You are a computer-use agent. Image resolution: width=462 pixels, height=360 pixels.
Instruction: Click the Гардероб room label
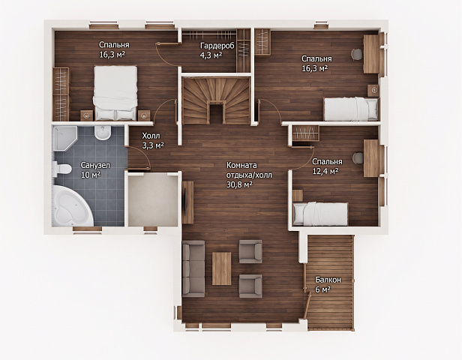[x=217, y=46]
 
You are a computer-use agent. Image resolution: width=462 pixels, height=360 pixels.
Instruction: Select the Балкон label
[x=328, y=280]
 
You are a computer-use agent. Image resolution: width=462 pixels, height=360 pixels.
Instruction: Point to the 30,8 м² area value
[x=239, y=184]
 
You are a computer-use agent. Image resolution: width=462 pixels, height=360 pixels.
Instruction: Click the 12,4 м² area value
[x=325, y=171]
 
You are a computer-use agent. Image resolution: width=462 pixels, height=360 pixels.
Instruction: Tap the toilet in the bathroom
[x=61, y=169]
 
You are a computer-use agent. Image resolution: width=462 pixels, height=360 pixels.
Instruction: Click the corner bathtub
[x=73, y=205]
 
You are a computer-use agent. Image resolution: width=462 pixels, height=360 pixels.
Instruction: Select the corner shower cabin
[x=64, y=138]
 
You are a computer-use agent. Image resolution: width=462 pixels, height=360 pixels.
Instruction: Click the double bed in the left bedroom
[x=115, y=93]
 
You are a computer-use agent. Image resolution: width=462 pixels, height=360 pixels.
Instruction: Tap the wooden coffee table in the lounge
[x=221, y=268]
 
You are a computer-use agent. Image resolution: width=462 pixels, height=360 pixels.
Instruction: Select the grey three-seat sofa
[x=193, y=268]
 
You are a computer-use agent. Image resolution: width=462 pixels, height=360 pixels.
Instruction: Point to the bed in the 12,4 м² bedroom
[x=320, y=214]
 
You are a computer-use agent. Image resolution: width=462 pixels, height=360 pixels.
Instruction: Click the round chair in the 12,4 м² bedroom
[x=358, y=157]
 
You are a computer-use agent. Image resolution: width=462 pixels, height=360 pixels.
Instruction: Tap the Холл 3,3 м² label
[x=153, y=140]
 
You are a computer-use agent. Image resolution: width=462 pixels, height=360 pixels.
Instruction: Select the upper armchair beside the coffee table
[x=250, y=251]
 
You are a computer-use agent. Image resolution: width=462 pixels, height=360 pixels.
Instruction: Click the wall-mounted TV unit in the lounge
[x=187, y=202]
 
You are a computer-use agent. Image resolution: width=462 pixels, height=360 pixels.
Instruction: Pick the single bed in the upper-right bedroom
[x=351, y=109]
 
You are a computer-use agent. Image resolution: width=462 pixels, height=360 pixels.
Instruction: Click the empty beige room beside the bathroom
[x=153, y=199]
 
